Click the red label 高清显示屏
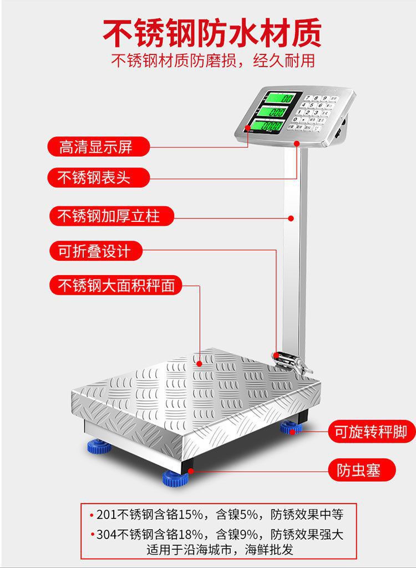pos(96,148)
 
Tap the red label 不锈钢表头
pos(96,178)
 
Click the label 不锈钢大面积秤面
pos(116,286)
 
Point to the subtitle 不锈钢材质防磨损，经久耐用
pos(213,60)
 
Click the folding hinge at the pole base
pos(287,360)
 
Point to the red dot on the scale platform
pos(199,364)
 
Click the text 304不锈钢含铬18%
pos(146,535)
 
